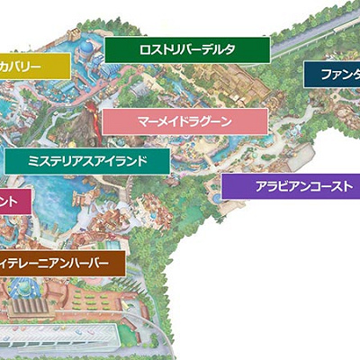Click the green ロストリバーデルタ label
click(x=187, y=49)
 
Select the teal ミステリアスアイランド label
click(x=87, y=161)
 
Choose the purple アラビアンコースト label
click(x=290, y=186)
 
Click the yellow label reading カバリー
click(x=34, y=66)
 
